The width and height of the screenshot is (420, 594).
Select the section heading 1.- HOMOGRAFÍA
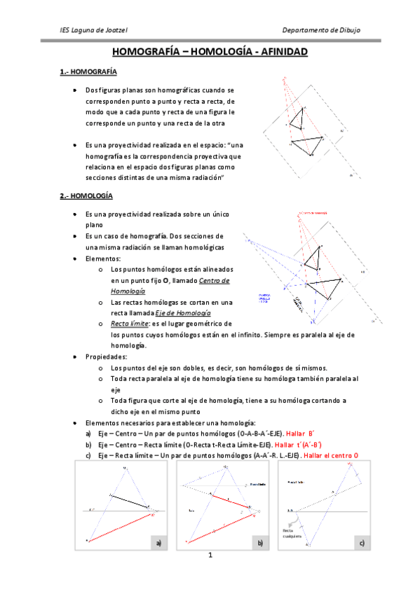88,72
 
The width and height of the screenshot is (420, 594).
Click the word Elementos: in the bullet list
102,258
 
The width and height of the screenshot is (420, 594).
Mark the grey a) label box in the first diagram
158,543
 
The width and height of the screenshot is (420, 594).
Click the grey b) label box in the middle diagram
259,543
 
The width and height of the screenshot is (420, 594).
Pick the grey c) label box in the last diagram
360,543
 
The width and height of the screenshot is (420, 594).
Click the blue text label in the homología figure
264,298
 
